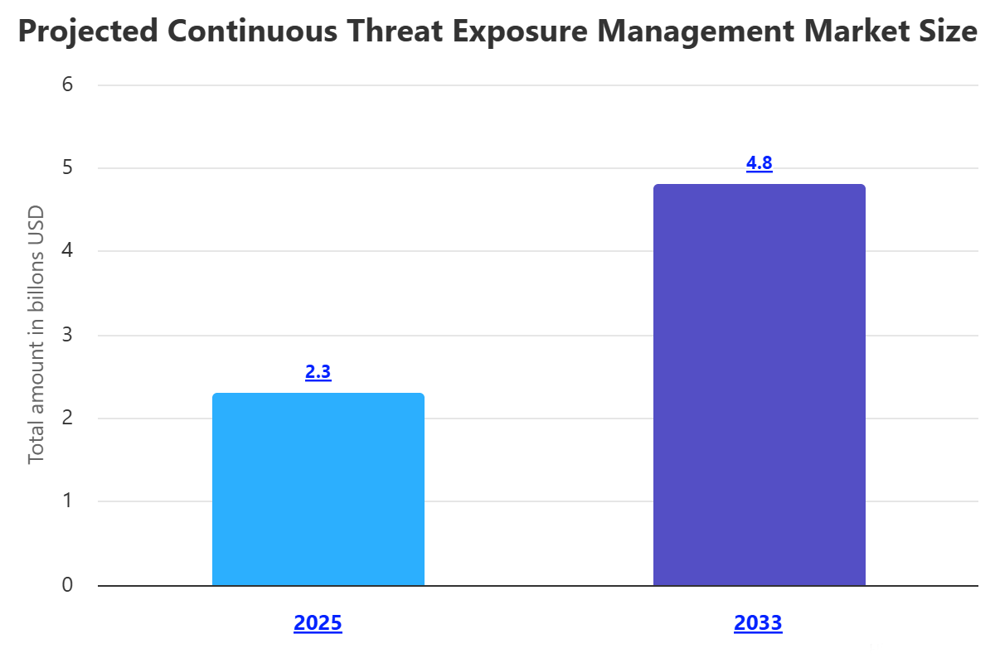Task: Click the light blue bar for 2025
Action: [318, 489]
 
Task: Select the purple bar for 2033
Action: [759, 385]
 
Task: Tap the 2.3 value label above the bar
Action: [318, 372]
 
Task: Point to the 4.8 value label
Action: [759, 163]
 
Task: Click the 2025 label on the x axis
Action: [318, 623]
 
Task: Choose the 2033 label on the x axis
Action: [758, 623]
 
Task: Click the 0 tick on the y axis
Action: [67, 586]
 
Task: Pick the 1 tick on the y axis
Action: [67, 502]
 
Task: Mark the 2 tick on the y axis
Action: [67, 419]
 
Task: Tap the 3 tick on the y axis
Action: [67, 335]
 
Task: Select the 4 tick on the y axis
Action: [67, 251]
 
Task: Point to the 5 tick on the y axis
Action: [67, 168]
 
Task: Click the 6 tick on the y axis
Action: [67, 85]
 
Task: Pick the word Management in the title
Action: [703, 32]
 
